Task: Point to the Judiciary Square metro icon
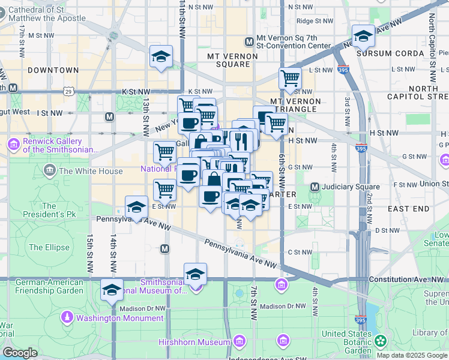[315, 187]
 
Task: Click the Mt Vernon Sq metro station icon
[250, 41]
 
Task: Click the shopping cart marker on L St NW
[290, 77]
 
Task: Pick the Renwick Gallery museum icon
[13, 145]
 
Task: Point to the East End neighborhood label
[408, 208]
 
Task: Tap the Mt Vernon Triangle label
[295, 105]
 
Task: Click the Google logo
[20, 353]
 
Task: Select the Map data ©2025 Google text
[412, 355]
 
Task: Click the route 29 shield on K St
[69, 91]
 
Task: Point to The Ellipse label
[44, 247]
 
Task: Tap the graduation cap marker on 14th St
[112, 290]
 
